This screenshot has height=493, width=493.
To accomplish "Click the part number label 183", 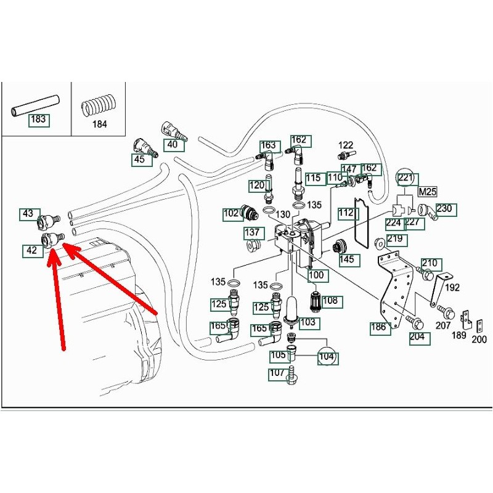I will [38, 119].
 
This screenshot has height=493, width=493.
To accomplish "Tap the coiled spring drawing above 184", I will [99, 105].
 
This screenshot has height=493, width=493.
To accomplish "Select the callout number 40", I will [173, 145].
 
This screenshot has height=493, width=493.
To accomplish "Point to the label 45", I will [139, 160].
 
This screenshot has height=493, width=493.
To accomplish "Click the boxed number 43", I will [28, 214].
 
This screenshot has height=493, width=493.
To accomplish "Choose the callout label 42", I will [31, 251].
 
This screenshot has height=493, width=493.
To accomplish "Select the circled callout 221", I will [405, 179].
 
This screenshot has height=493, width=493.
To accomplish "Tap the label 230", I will [444, 208].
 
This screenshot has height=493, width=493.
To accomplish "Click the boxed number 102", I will [232, 214].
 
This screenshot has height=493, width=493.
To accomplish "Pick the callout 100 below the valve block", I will [316, 275].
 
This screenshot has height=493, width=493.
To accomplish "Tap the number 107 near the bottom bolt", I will [277, 373].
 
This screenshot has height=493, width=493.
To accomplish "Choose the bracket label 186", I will [379, 327].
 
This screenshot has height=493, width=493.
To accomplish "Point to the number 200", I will [479, 339].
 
